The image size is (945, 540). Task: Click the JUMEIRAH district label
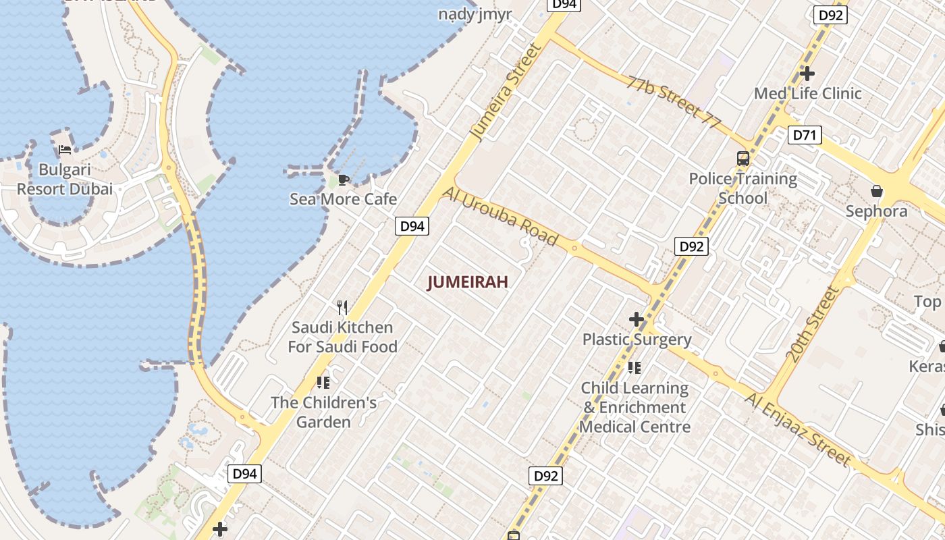click(467, 283)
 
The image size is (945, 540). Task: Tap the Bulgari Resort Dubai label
click(65, 180)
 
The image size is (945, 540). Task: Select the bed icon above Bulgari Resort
click(65, 149)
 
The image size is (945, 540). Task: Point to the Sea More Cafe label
click(343, 199)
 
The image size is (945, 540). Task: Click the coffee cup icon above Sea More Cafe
click(343, 179)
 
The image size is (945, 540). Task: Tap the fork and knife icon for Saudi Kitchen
click(342, 308)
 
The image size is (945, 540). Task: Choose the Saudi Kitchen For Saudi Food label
click(342, 337)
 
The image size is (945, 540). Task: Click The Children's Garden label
click(324, 412)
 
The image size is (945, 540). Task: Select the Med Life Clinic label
click(807, 94)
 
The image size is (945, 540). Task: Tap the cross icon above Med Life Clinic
click(807, 73)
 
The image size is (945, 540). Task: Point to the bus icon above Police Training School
click(743, 159)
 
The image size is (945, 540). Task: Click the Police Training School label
click(742, 188)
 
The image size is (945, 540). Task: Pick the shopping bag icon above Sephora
click(877, 191)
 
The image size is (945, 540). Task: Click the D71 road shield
click(804, 135)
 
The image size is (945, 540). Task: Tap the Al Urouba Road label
click(500, 216)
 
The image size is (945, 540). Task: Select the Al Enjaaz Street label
click(799, 429)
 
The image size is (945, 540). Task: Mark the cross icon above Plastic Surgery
click(636, 319)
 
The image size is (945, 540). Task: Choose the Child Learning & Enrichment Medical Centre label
click(634, 407)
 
